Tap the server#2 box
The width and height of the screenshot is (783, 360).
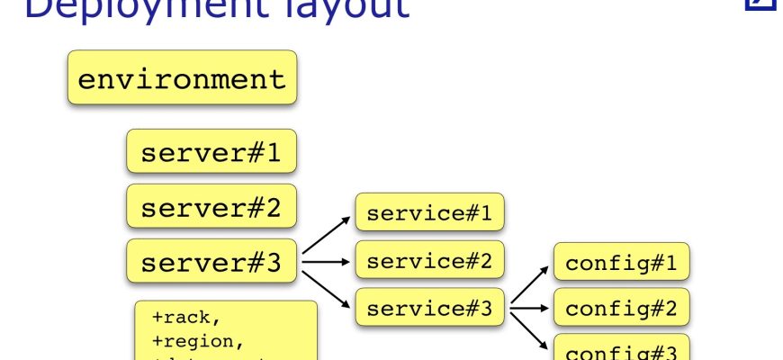[x=211, y=207]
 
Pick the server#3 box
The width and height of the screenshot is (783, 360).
[x=211, y=262]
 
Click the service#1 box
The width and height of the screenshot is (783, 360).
[x=429, y=213]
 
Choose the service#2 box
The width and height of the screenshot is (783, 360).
[x=429, y=262]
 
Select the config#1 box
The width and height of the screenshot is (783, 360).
[x=620, y=264]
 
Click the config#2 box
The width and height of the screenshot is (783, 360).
[x=620, y=309]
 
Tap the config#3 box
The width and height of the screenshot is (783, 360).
[x=620, y=348]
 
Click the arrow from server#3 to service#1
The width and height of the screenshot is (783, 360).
[x=326, y=237]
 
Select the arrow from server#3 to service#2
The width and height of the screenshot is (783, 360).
[x=326, y=263]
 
